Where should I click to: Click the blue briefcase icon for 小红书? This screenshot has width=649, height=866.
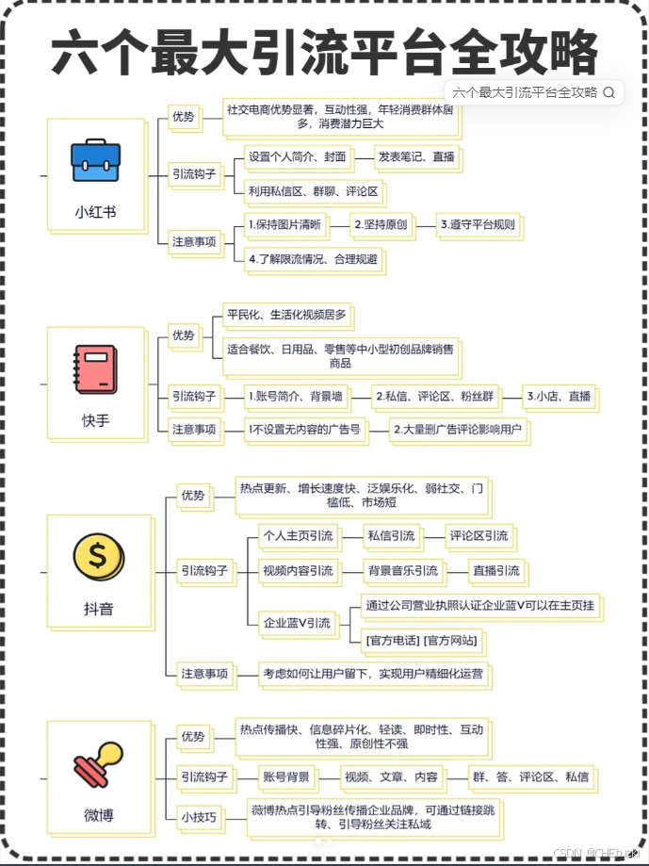(x=95, y=160)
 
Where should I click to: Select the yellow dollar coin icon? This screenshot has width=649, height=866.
(x=97, y=555)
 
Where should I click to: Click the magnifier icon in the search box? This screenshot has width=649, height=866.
(x=608, y=92)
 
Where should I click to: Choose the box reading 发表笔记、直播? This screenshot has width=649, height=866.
(x=414, y=156)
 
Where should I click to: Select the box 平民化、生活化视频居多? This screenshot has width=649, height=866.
(x=286, y=314)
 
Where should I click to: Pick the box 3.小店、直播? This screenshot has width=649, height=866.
(x=559, y=397)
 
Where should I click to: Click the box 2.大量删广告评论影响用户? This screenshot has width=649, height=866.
(x=460, y=430)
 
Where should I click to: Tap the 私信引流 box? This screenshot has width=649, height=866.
(x=390, y=536)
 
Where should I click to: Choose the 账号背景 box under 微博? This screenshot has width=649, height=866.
(x=285, y=777)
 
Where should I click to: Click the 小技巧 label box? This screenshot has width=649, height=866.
(x=198, y=816)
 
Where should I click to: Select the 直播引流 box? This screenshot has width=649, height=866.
(x=495, y=570)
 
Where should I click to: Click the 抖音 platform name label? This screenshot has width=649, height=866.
(x=98, y=609)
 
